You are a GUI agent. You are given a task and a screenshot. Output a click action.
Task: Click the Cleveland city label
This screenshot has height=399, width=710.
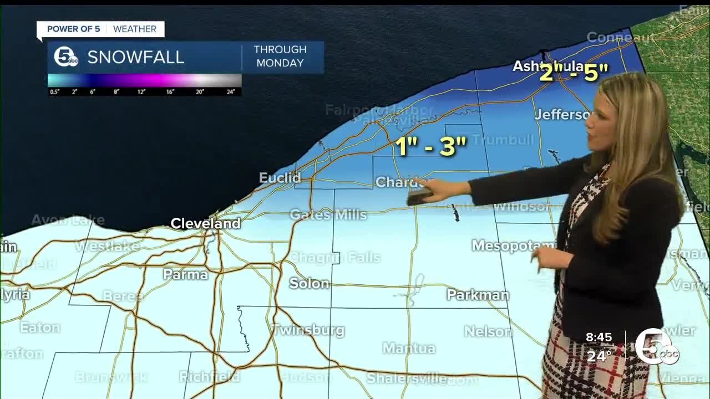coord(205,223)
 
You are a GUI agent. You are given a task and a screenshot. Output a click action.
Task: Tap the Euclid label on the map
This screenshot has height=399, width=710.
coord(280,178)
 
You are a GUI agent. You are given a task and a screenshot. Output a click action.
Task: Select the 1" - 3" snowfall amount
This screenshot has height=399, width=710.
coord(430,146)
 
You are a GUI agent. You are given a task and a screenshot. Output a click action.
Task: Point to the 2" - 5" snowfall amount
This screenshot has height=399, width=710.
coord(574,73)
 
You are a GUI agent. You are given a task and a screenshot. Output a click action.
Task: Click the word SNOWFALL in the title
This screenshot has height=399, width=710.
coord(135,57)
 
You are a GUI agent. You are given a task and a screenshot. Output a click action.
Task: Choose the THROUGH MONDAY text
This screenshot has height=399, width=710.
coord(280,57)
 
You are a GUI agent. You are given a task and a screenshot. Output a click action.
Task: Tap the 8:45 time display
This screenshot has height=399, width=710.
coord(599,337)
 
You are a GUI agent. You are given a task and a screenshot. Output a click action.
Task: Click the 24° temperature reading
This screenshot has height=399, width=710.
coord(599,355)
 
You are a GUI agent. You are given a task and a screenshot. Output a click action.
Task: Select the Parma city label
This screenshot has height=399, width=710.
coord(185,274)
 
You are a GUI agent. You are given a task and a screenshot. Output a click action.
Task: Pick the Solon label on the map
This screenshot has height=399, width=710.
coord(309,283)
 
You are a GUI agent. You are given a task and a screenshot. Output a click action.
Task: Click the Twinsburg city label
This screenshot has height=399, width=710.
coord(308,330)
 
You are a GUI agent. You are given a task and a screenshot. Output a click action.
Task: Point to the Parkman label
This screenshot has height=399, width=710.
coord(478,295)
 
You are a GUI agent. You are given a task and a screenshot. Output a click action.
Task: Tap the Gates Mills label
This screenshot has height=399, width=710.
coord(328,214)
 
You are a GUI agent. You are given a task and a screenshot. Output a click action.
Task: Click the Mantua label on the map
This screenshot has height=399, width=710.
coord(409,348)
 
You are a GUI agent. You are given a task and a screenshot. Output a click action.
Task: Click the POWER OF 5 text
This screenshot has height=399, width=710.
coord(73,29)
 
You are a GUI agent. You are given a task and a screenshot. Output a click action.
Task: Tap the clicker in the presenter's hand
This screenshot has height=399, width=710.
coord(420,195)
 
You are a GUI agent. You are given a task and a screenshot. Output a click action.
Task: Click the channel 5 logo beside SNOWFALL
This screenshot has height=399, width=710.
coord(65,57)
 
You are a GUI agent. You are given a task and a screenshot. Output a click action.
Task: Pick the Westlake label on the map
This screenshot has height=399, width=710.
coord(107,246)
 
